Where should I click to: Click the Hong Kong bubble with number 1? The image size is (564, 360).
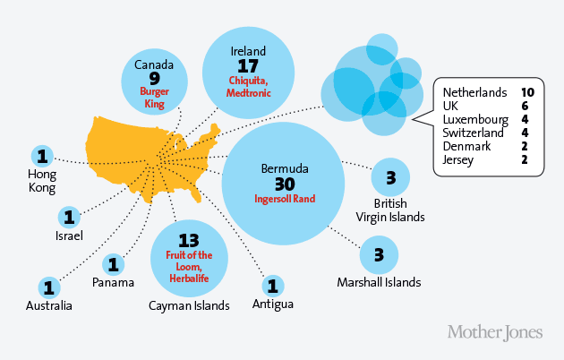coord(41,155)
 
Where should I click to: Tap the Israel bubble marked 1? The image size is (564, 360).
coord(69,217)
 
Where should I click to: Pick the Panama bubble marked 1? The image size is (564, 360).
coord(114,264)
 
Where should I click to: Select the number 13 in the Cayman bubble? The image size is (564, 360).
coord(188,240)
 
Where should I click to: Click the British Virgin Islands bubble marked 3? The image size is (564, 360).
coord(390,178)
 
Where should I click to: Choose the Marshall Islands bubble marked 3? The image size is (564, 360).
coord(380,255)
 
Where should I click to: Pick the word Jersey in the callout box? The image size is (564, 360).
coord(457,159)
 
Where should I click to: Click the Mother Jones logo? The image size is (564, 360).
coord(494,332)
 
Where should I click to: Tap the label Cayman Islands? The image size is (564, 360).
coord(189,305)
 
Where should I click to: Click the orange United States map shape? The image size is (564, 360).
coord(143,152)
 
